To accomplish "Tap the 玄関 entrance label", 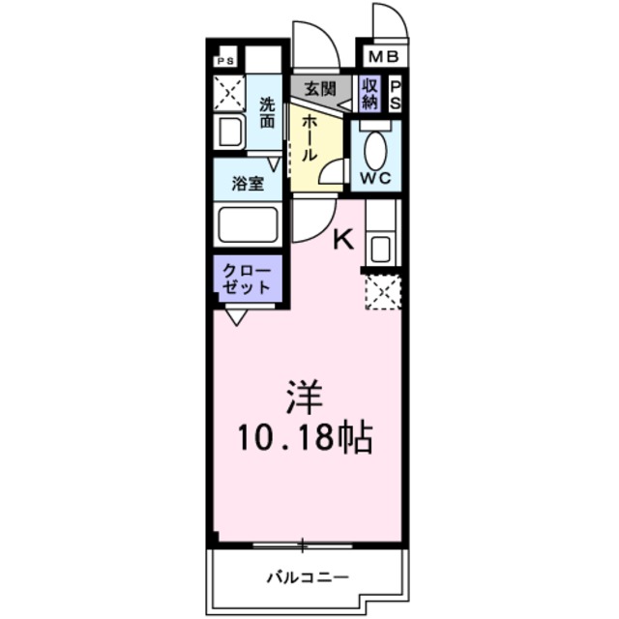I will coord(320,88).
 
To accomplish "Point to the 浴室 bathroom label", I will coord(249,183).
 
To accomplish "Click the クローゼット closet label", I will coord(248,278).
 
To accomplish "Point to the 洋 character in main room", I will coord(303,397).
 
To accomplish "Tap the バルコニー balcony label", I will coord(307,579).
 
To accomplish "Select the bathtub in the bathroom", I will coord(249,225).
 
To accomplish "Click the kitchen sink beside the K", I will coord(379,248).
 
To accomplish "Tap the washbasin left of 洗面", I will coord(229,132).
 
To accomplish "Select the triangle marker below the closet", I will coord(237,315).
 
